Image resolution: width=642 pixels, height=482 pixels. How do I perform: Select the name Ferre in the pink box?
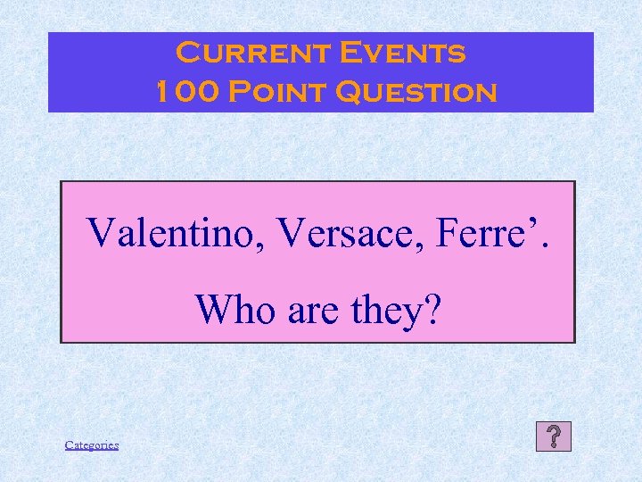[482, 233]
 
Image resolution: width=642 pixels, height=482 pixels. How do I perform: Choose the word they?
[384, 310]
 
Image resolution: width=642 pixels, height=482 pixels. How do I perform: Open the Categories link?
[92, 445]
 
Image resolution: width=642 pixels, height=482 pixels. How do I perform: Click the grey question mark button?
[554, 436]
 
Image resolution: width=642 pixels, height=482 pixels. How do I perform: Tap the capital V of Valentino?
[101, 233]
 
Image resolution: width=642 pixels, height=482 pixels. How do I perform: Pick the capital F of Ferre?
[446, 233]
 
